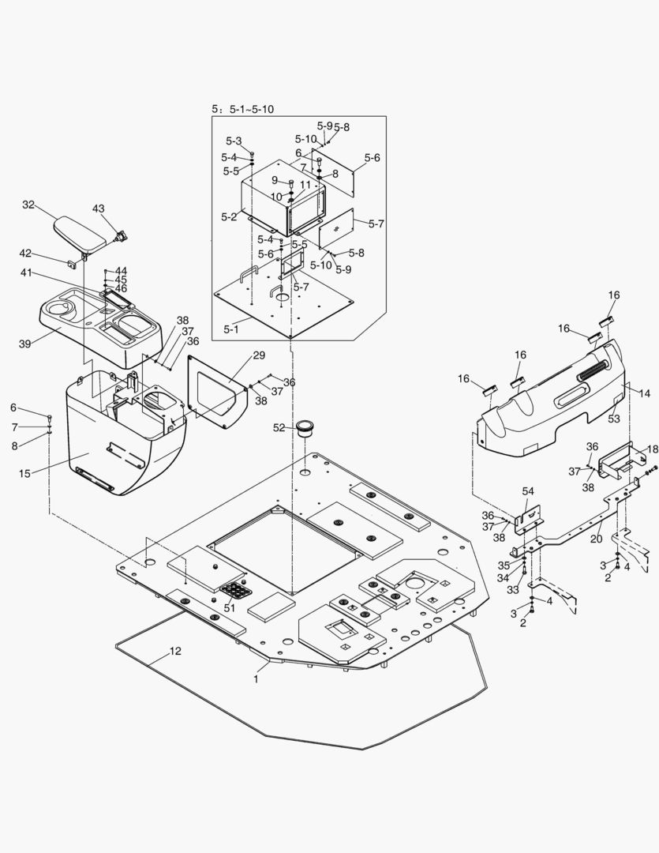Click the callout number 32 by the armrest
tap(28, 205)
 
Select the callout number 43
tap(98, 209)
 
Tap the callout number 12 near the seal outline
tap(175, 652)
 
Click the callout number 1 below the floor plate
tap(255, 678)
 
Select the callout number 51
tap(229, 607)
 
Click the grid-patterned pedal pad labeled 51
tap(235, 589)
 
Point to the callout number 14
tap(645, 393)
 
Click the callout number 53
tap(613, 418)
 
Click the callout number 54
tap(528, 492)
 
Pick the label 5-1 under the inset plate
tap(232, 328)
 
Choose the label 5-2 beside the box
tap(229, 216)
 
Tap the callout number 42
tap(26, 254)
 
